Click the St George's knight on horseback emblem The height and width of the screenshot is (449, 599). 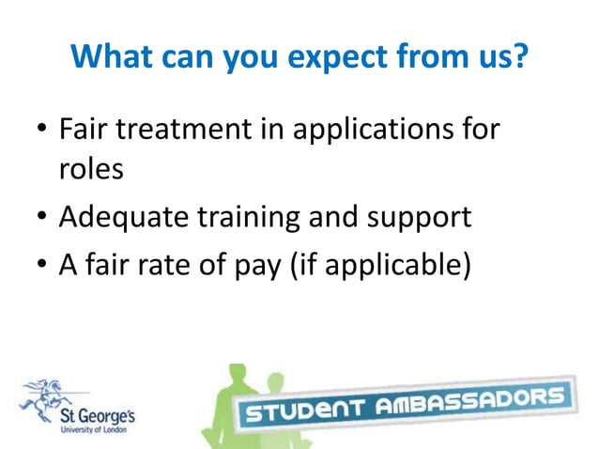pos(52,394)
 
